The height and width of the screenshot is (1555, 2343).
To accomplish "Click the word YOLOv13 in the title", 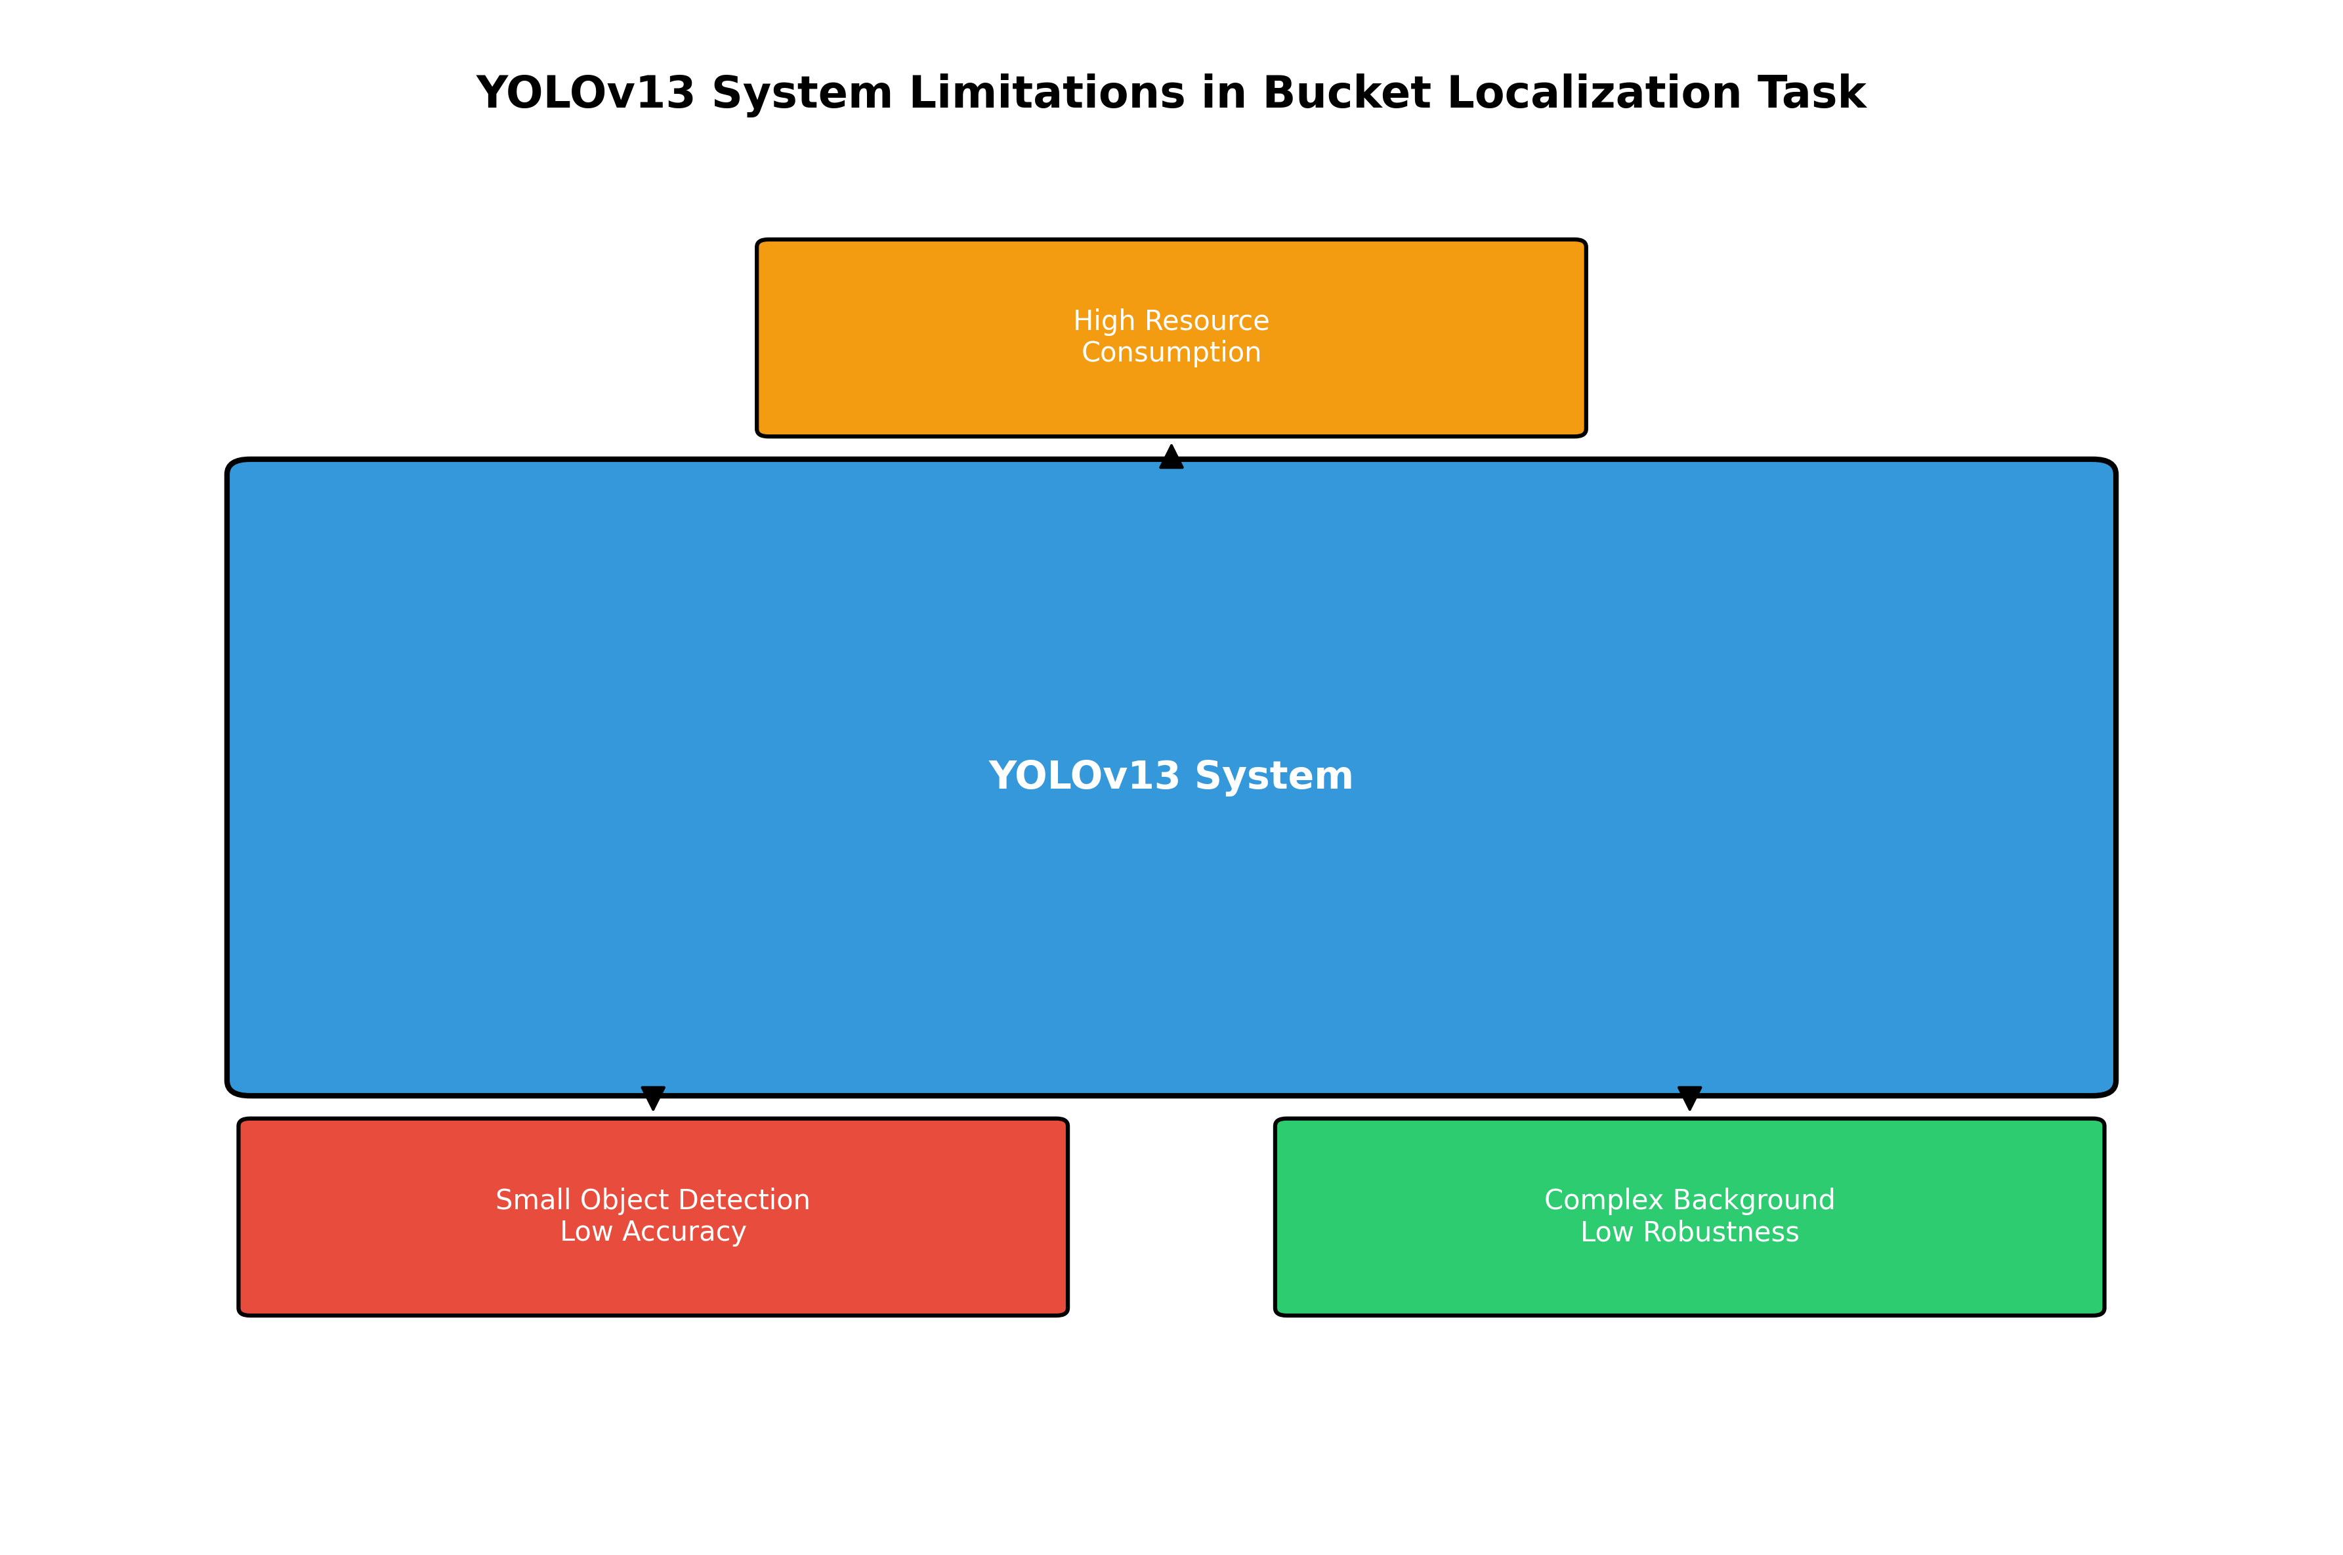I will tap(585, 93).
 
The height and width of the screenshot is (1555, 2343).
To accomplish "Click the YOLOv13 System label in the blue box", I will tap(1170, 776).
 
